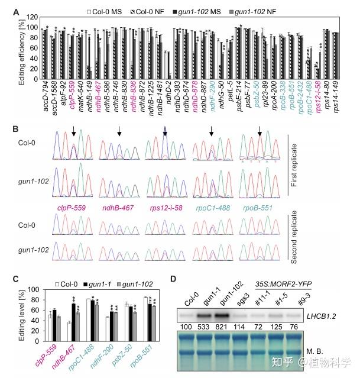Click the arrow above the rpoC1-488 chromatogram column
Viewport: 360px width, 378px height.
click(x=211, y=131)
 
